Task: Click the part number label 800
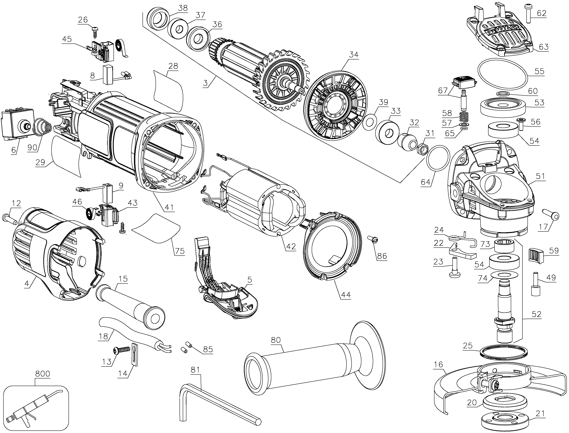pos(43,374)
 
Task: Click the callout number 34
pos(354,55)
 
